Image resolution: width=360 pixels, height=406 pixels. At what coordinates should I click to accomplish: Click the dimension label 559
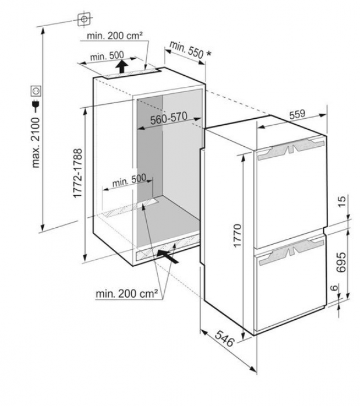[x=298, y=114]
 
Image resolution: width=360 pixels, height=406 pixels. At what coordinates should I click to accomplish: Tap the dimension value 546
[x=224, y=338]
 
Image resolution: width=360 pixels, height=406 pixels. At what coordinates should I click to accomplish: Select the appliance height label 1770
[x=237, y=236]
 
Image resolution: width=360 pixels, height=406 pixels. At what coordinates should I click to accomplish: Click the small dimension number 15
[x=342, y=201]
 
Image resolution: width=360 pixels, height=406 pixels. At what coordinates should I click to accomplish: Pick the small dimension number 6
[x=334, y=287]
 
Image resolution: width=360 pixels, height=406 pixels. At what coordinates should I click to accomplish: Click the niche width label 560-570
[x=168, y=119]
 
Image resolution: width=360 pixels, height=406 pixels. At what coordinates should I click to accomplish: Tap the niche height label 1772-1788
[x=77, y=173]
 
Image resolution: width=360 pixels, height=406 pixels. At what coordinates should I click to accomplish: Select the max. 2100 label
[x=36, y=143]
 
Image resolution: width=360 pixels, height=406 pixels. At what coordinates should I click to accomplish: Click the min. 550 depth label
[x=186, y=50]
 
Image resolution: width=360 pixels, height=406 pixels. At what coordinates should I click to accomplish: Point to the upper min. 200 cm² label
[x=115, y=36]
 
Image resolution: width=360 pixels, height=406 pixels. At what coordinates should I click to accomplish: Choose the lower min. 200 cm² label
[x=126, y=294]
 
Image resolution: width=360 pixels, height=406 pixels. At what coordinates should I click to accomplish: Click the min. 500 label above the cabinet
[x=107, y=56]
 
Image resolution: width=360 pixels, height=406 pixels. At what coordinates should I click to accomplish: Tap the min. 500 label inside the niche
[x=129, y=180]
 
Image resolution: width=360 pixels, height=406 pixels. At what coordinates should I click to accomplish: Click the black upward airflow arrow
[x=122, y=66]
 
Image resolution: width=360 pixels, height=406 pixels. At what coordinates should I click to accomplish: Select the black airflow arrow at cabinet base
[x=168, y=257]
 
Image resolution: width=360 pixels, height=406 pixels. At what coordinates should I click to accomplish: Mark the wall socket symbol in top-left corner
[x=84, y=19]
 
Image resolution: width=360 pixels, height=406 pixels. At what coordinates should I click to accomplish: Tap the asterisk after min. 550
[x=209, y=54]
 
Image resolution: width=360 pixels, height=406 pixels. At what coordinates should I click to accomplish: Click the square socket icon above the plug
[x=36, y=91]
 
